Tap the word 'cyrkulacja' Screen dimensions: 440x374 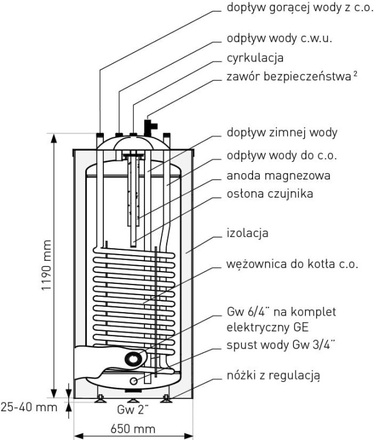[255, 58]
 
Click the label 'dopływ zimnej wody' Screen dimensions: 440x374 [282, 132]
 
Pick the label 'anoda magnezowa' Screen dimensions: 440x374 [278, 175]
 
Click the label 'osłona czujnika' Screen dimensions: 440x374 [270, 194]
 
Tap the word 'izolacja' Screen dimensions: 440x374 [248, 233]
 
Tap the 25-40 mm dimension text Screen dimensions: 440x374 [29, 407]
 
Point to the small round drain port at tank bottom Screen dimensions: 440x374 [133, 381]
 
